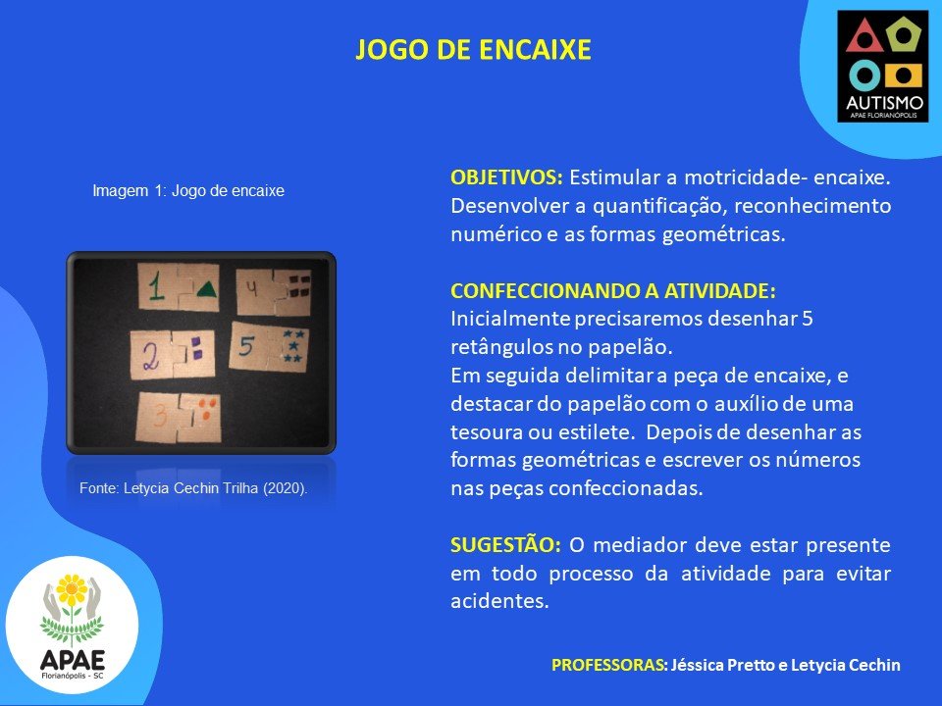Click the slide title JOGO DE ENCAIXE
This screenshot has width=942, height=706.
[x=473, y=50]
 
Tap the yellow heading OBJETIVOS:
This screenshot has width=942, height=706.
[x=506, y=177]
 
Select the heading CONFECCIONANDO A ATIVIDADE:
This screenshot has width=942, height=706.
[x=612, y=290]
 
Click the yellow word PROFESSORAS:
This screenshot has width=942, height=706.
[x=609, y=665]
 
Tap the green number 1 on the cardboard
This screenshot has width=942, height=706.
[x=156, y=287]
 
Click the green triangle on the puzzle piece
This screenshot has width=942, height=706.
[x=206, y=289]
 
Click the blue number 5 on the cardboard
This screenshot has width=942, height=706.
[x=246, y=346]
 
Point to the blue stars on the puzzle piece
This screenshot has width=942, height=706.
[x=293, y=346]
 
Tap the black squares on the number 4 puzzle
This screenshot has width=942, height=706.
[x=299, y=285]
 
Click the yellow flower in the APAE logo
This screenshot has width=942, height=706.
[x=72, y=589]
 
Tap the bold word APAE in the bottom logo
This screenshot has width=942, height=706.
[x=72, y=660]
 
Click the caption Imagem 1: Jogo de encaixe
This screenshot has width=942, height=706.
[x=188, y=191]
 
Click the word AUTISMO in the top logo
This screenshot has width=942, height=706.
[x=884, y=103]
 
